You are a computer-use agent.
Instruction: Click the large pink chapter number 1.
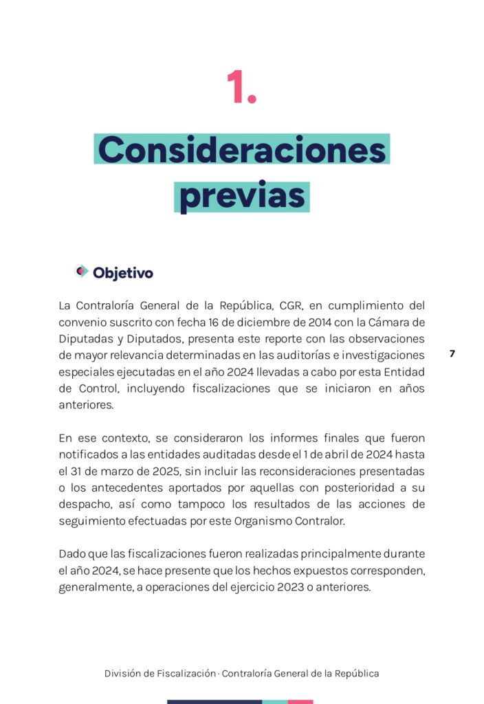tap(241, 89)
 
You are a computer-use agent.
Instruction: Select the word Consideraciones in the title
tap(242, 150)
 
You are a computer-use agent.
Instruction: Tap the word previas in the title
tap(242, 196)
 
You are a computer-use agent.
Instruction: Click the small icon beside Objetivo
tap(81, 272)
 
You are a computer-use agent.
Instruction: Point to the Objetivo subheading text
tap(123, 273)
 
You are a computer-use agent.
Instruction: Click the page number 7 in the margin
tap(452, 354)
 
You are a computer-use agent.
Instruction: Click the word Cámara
tap(391, 322)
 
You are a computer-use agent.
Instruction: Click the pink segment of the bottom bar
tap(300, 701)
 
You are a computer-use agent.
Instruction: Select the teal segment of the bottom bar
tap(275, 701)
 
